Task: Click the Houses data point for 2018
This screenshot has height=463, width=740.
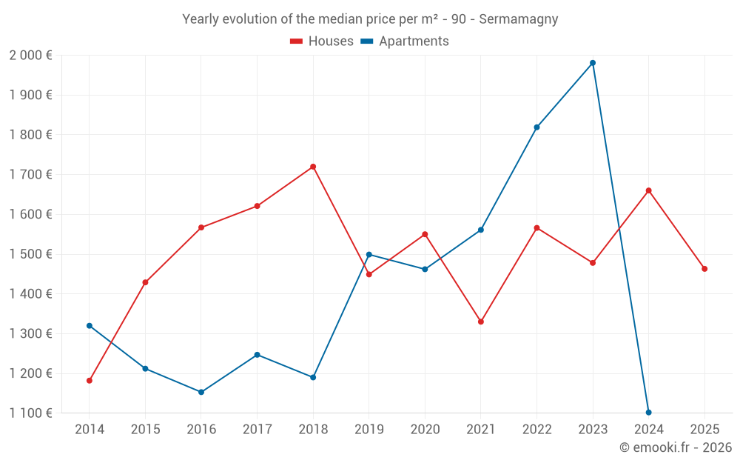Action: coord(313,167)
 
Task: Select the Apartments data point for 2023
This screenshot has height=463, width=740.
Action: coord(593,63)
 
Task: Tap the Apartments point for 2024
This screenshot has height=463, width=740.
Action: coord(649,412)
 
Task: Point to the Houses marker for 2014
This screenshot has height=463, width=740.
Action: coord(90,381)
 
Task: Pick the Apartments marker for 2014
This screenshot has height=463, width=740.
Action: coord(90,326)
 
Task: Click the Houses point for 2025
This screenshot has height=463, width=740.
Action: coord(704,269)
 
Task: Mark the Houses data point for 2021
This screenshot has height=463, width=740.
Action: coord(481,322)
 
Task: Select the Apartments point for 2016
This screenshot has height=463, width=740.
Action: coord(201,392)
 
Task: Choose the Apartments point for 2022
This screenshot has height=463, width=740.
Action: coord(536,127)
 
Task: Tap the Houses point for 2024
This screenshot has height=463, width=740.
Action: coord(649,190)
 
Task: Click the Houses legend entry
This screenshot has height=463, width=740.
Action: coord(322,41)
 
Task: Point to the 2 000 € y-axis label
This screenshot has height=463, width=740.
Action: coord(30,56)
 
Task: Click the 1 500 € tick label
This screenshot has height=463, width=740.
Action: coord(30,254)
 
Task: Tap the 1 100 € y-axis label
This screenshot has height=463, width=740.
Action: coord(30,413)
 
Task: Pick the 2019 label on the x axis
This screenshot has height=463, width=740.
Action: coord(369,429)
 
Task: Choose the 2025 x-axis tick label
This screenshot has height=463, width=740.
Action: coord(704,429)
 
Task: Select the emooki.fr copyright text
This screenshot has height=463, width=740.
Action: coord(675,447)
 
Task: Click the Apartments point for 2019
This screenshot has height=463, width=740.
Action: coord(369,255)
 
